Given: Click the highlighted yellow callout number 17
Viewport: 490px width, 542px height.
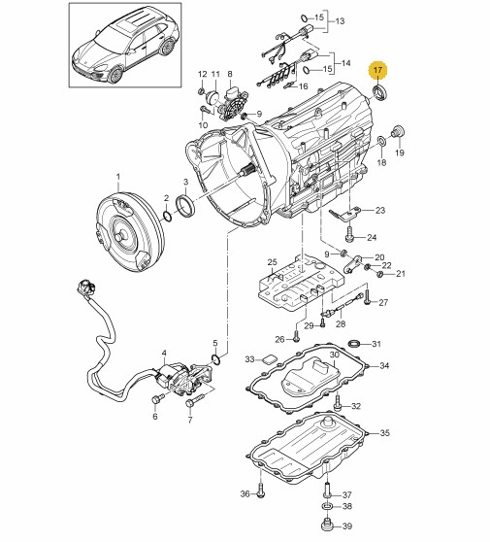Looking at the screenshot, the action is [x=378, y=70].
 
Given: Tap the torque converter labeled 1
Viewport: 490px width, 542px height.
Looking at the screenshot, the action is [x=129, y=231].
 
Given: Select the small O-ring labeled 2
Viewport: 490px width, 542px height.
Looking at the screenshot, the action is [x=167, y=217].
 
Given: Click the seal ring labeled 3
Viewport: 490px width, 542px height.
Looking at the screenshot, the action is [x=185, y=206].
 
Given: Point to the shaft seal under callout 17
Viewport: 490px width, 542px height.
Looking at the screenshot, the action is [x=380, y=93].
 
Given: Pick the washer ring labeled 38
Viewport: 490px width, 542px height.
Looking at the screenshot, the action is [x=328, y=506].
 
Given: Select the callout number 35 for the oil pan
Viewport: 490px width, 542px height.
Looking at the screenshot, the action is [x=384, y=432].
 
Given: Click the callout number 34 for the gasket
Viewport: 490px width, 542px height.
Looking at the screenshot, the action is [x=384, y=365].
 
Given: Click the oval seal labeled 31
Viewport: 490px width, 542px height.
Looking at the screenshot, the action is [x=354, y=344].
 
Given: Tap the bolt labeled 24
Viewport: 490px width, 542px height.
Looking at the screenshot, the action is [x=349, y=234].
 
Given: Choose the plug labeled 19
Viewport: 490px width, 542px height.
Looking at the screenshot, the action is [x=398, y=132].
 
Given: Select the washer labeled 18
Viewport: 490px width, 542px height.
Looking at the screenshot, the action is [x=381, y=141].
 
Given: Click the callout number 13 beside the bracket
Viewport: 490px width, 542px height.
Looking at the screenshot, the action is [x=341, y=21].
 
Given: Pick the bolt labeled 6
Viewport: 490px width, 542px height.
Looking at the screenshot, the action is [x=156, y=399].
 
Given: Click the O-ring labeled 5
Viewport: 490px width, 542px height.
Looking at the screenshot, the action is [x=215, y=359].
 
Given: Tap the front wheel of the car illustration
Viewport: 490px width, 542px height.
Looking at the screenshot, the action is [x=115, y=75].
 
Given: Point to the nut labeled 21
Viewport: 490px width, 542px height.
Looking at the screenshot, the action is [x=379, y=274].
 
